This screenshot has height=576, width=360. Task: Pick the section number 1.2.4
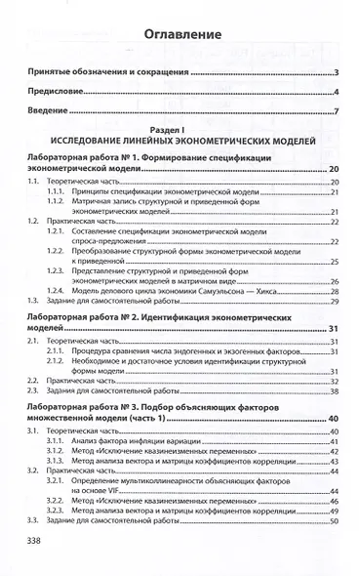(60, 291)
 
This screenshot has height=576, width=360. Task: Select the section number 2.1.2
(60, 361)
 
